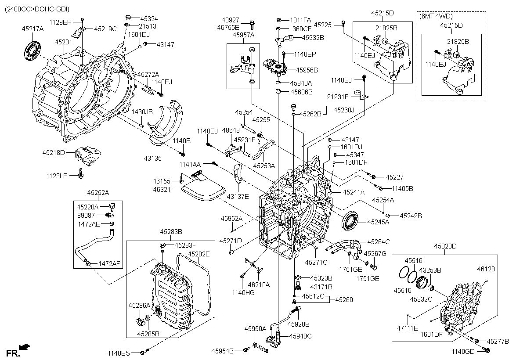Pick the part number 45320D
click(445, 246)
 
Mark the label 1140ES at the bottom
click(119, 353)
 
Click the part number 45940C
click(300, 336)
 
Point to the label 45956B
click(307, 70)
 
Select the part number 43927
click(231, 20)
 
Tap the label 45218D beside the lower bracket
click(54, 153)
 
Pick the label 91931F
click(337, 97)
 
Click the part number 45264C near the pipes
click(378, 241)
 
